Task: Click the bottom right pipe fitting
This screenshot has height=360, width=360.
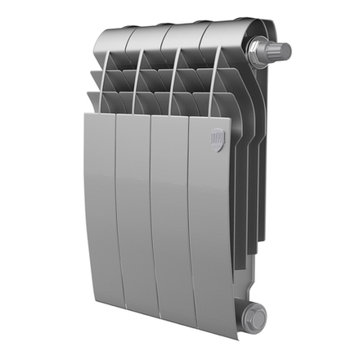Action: click(255, 313)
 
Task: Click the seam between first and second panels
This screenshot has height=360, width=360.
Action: click(116, 213)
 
